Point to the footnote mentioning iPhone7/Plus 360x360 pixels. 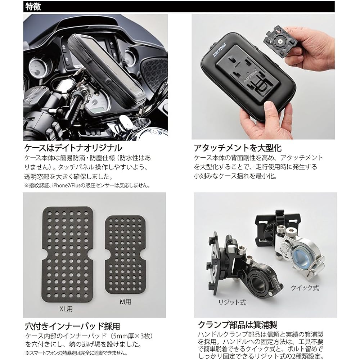tap(86, 186)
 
